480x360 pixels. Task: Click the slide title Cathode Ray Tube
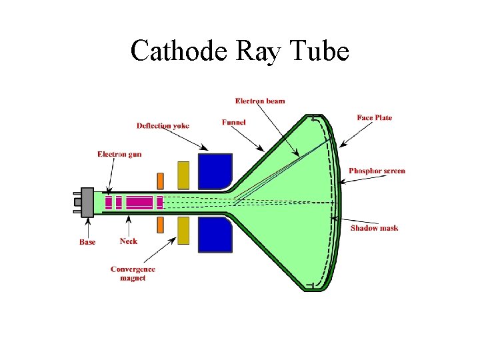pos(240,51)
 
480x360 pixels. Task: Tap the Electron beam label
pos(260,101)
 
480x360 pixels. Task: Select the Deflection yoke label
pos(163,125)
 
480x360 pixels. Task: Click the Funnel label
pos(234,123)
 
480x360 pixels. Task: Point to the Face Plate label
pos(375,118)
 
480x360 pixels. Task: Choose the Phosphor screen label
pos(377,171)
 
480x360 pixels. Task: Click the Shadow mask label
pos(374,228)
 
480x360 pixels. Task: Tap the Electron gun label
pos(119,154)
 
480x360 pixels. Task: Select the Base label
pos(87,242)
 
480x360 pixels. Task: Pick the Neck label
pos(129,241)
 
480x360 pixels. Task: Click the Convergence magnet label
pos(133,273)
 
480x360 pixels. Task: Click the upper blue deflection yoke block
pos(215,171)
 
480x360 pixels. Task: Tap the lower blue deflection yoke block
pos(215,234)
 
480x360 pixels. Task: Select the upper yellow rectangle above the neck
pos(183,175)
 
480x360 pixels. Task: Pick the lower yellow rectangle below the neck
pos(183,230)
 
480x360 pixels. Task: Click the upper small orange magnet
pos(160,181)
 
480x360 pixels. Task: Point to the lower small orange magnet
pos(160,225)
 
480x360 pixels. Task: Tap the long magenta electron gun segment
pos(139,202)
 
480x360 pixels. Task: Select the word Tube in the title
pos(319,51)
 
